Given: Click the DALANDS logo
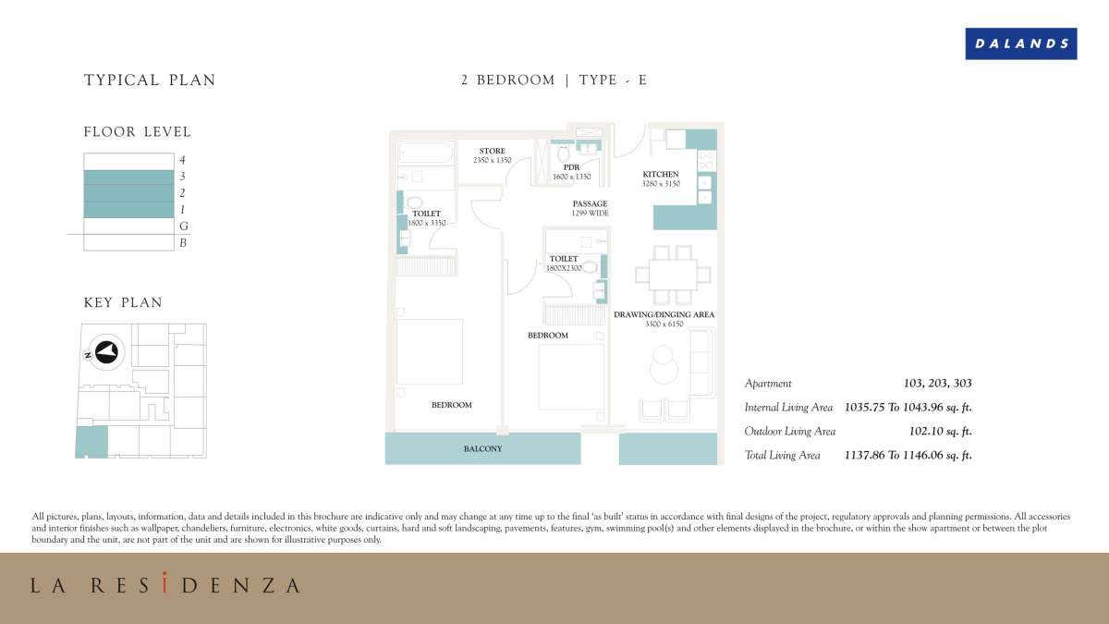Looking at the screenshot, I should pos(1020,43).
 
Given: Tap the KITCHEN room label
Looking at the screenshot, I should pos(661,174).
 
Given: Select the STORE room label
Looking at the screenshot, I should pos(492,151).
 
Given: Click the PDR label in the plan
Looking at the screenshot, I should pos(571,167).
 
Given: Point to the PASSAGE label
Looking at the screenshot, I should pos(590,203).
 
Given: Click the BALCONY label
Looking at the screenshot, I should pos(482,449).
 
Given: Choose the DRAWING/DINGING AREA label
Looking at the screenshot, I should pos(664,314).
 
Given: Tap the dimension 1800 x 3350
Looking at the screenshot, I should pos(426,223).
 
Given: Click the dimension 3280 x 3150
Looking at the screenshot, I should pos(661,184).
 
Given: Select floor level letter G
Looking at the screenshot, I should pos(183,226).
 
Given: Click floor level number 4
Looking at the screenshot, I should pos(183,160).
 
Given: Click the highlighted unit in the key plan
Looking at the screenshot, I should pos(91,441).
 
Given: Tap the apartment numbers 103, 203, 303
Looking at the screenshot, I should pos(937,383).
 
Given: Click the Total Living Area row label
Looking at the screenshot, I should pos(782,455).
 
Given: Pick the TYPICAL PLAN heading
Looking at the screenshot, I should pos(150,80).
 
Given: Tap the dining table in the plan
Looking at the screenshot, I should pos(672,275).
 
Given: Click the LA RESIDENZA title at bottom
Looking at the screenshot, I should pos(165,585).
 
